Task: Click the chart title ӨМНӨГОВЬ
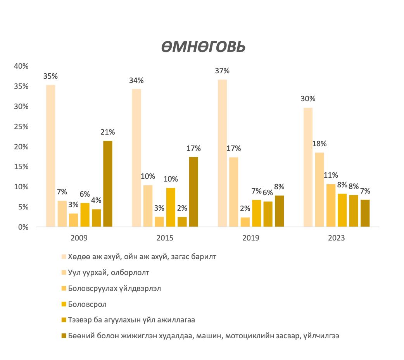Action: point(203,47)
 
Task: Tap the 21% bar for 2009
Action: point(108,183)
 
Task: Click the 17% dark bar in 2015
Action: point(193,192)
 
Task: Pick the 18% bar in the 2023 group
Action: point(319,190)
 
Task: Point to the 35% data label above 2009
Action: point(50,76)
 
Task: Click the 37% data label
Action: point(222,71)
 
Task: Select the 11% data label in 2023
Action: point(331,175)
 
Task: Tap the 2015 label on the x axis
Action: point(165,238)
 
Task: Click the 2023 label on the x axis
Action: point(336,238)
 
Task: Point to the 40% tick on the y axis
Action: point(21,66)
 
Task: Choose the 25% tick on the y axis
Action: point(21,126)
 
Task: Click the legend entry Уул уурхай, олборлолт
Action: point(108,272)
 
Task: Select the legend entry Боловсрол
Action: point(87,304)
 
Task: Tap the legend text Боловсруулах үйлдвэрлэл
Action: point(109,288)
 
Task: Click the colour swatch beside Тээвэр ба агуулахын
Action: point(64,320)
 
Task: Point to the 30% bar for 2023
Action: point(308,167)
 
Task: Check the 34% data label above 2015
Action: point(136,81)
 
